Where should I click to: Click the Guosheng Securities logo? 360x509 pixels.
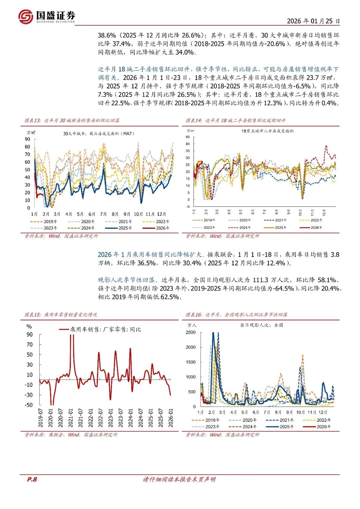[47, 16]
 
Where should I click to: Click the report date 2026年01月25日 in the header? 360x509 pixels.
[313, 21]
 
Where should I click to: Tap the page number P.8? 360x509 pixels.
[32, 479]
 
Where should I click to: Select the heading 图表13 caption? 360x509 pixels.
[72, 120]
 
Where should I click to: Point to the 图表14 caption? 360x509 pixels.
[235, 120]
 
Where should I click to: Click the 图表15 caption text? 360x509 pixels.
[61, 315]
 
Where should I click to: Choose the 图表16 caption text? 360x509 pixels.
[236, 315]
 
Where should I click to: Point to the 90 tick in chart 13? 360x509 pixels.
[27, 139]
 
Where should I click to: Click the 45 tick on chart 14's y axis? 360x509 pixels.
[188, 137]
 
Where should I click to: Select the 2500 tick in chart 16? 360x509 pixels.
[191, 333]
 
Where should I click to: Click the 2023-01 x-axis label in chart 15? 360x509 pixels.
[111, 418]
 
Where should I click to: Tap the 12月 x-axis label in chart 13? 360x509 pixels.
[161, 214]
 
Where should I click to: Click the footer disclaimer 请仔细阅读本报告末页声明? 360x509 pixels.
[179, 479]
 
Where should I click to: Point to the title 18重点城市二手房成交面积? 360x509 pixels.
[268, 131]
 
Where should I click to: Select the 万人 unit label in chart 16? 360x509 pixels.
[192, 325]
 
